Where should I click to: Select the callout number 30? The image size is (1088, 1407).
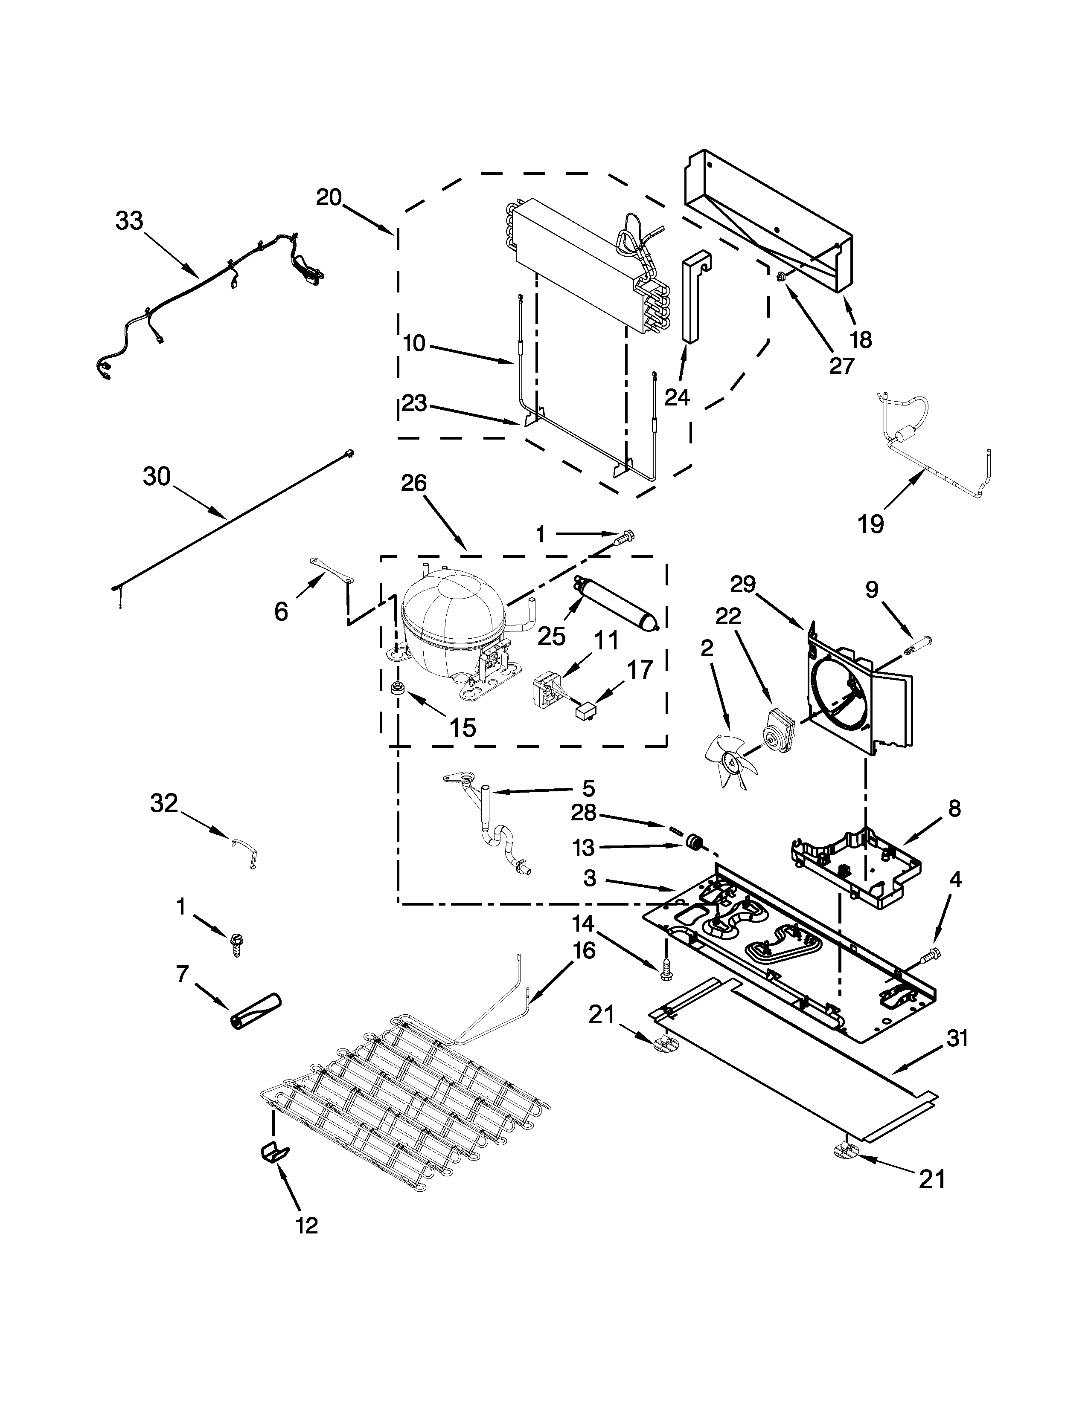(157, 477)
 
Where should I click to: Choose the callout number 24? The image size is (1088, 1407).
(677, 397)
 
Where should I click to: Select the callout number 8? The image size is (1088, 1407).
(954, 808)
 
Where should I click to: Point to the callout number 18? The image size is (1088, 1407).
(861, 339)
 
